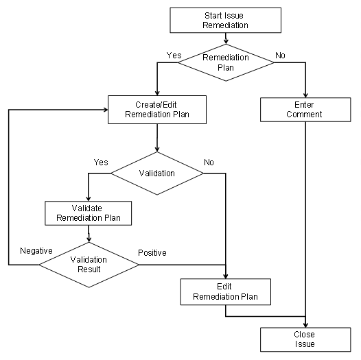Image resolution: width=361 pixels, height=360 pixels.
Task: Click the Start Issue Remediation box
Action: click(226, 20)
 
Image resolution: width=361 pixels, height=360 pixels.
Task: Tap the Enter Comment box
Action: click(303, 110)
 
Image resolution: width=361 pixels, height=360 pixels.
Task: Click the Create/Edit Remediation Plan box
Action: click(157, 110)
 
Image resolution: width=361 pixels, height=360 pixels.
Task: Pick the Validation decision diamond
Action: click(157, 173)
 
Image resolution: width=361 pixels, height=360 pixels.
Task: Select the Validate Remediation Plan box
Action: click(88, 213)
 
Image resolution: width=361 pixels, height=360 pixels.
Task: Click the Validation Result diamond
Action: click(89, 264)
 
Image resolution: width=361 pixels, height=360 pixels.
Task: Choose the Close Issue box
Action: click(304, 339)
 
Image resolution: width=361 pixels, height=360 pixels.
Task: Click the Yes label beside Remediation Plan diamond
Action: click(174, 54)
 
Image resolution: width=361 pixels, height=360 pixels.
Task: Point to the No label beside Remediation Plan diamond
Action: click(280, 54)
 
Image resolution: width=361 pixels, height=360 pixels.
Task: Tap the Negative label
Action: click(36, 251)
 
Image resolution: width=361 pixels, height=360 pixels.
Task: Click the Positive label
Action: click(152, 252)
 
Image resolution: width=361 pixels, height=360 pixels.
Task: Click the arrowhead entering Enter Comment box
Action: click(303, 95)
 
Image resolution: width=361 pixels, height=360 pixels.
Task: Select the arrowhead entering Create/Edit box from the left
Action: click(104, 110)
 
